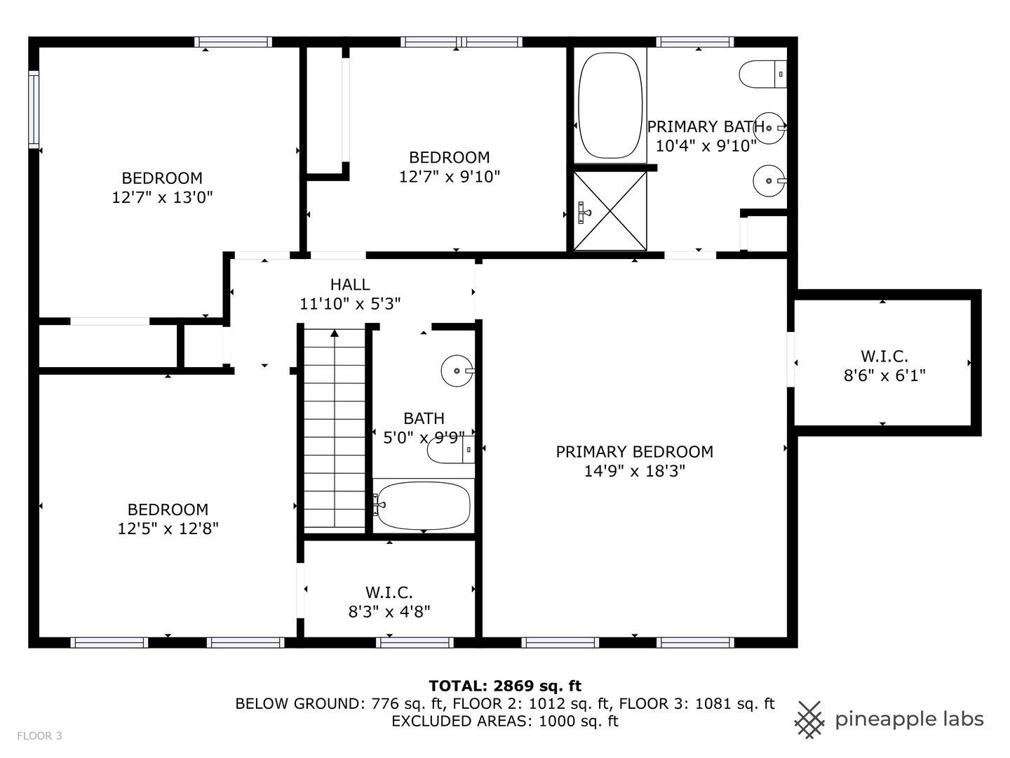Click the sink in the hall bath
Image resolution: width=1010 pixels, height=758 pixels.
click(x=457, y=371)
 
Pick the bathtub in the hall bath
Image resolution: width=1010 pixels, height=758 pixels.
click(x=423, y=505)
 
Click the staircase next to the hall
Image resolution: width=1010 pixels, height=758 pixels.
click(x=335, y=428)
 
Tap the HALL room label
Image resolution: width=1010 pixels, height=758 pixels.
click(x=350, y=284)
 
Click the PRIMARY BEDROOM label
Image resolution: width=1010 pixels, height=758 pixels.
click(x=634, y=452)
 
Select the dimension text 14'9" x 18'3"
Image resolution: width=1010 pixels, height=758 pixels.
click(x=634, y=471)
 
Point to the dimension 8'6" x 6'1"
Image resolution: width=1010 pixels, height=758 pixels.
click(x=884, y=375)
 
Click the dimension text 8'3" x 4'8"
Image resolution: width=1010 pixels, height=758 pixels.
click(x=389, y=611)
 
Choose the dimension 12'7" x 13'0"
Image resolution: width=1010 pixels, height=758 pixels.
click(x=162, y=197)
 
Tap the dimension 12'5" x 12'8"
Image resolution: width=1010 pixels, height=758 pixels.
click(x=168, y=528)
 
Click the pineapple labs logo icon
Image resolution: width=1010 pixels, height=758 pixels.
click(x=809, y=719)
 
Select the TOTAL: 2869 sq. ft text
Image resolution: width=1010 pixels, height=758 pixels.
click(x=505, y=686)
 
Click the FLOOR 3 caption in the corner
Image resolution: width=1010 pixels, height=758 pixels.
click(x=39, y=736)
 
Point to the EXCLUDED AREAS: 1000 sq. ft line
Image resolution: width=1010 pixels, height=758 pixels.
click(x=505, y=721)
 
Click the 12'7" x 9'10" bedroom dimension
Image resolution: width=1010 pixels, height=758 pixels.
click(x=450, y=176)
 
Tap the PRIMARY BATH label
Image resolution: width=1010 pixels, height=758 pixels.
click(x=705, y=127)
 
